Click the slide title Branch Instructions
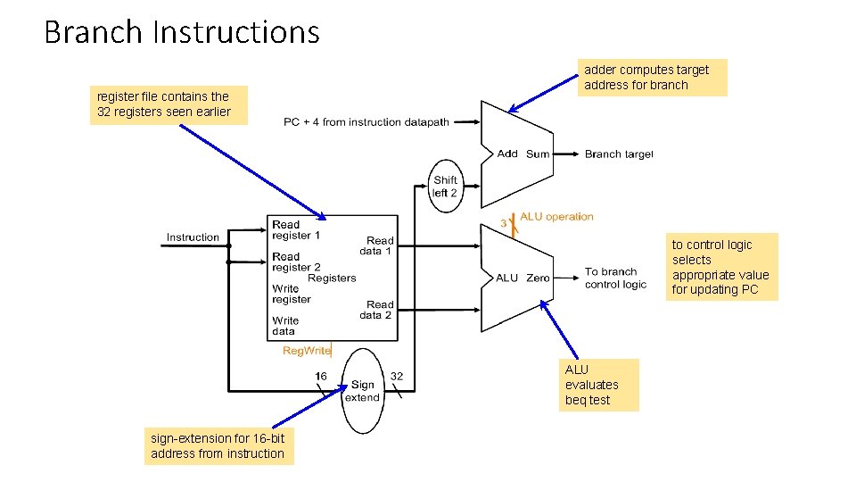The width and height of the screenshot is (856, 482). [x=182, y=32]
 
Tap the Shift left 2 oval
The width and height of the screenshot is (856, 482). [x=445, y=187]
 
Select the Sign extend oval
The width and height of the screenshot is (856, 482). [x=362, y=391]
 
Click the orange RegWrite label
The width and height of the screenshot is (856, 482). [x=307, y=351]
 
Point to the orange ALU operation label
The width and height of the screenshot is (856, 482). [x=556, y=217]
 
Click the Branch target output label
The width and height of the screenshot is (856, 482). [x=619, y=154]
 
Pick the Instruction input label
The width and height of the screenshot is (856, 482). [x=192, y=237]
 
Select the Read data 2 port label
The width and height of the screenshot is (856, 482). [x=376, y=310]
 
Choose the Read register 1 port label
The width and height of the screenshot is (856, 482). [x=296, y=230]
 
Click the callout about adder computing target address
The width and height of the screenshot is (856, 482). [x=652, y=78]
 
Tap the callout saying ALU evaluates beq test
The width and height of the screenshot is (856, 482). [x=600, y=385]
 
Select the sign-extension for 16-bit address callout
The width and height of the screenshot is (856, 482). [x=218, y=446]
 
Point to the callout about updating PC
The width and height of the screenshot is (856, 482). [x=720, y=267]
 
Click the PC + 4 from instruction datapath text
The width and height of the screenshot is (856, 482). [x=366, y=122]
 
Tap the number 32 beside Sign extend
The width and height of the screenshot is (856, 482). [x=397, y=377]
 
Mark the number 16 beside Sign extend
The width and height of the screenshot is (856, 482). [x=321, y=377]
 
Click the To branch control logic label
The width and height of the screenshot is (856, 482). [x=615, y=278]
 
